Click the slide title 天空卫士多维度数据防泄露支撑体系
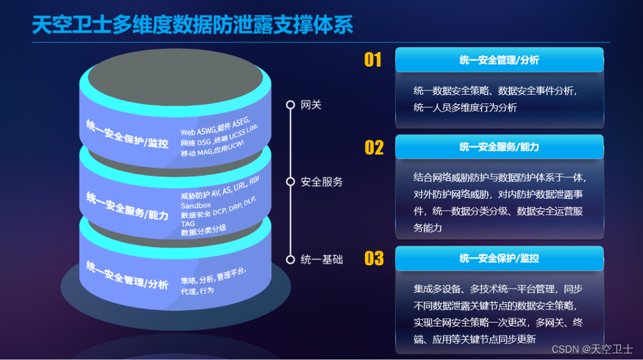click(x=192, y=24)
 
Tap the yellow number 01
click(x=373, y=60)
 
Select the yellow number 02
click(x=374, y=147)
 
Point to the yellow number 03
click(x=374, y=258)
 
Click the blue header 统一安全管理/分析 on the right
click(x=499, y=60)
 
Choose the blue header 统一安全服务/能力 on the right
click(x=499, y=147)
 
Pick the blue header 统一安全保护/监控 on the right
click(x=499, y=258)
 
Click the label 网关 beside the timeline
click(x=311, y=105)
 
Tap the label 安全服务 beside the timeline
click(x=322, y=182)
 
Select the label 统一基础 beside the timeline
click(x=322, y=259)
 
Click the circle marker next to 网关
click(x=291, y=105)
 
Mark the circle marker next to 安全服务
click(x=291, y=182)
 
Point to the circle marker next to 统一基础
click(x=291, y=259)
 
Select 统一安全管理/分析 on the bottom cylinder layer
click(x=127, y=274)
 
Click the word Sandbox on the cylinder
click(x=196, y=205)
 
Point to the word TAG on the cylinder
click(x=188, y=224)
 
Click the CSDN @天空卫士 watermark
click(x=592, y=349)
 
